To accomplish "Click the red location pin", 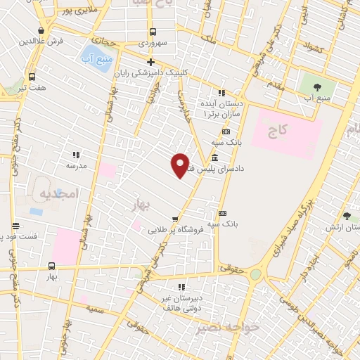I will pos(181,165).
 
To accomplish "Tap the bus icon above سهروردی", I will pos(153,31).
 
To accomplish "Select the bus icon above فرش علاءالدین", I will pos(44,30).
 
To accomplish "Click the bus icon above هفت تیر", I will pos(32,77).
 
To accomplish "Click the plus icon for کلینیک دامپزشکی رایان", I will pos(150,62).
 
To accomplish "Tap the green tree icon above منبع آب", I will pos(314,87).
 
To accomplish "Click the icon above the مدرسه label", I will pos(76,154).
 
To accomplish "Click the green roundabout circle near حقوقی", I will pos(255,275).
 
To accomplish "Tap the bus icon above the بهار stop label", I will pos(51,266).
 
